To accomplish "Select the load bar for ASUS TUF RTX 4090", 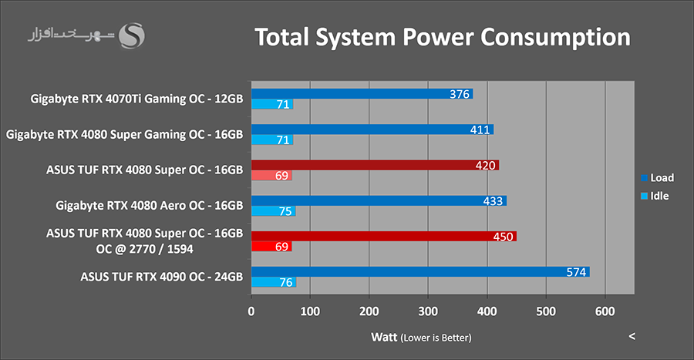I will [x=420, y=271].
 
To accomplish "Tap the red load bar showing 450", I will [x=383, y=236].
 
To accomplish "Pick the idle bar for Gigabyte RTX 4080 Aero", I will [x=273, y=211].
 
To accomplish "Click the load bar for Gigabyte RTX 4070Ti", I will [x=362, y=94].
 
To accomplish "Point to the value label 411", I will [x=480, y=130].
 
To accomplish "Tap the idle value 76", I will [x=284, y=282].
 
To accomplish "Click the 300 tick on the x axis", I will [x=428, y=311].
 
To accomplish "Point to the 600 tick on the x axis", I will [x=605, y=311].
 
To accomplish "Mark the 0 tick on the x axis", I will [x=251, y=311].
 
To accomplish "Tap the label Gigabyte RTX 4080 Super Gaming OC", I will [x=124, y=134].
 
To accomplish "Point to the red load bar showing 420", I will [x=375, y=165].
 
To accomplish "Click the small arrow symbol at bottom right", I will [x=632, y=336].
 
